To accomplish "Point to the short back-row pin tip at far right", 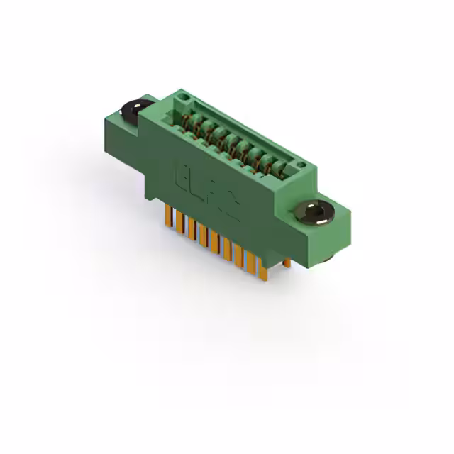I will (287, 264).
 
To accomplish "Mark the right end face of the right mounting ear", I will (343, 231).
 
